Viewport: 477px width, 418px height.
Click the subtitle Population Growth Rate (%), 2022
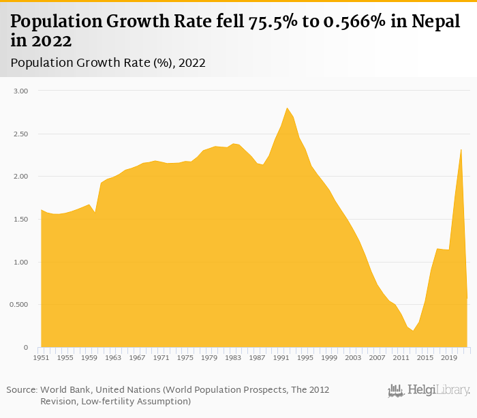coord(108,63)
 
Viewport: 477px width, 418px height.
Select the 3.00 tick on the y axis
coord(21,91)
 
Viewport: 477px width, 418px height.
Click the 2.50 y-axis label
coord(21,134)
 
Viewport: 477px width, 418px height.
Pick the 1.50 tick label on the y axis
coord(21,220)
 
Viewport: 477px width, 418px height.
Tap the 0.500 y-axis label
coord(19,305)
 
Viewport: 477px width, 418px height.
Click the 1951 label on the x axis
coord(42,357)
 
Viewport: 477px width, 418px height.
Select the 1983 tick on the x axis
coord(233,357)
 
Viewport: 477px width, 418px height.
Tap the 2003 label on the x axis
coord(353,357)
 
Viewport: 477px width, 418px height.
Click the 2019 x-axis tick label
coord(448,357)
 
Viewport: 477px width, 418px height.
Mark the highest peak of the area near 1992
coord(287,108)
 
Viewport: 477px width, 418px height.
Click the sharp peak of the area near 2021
coord(461,149)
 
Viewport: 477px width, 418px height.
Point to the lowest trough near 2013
coord(413,331)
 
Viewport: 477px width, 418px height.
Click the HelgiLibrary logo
coord(429,391)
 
